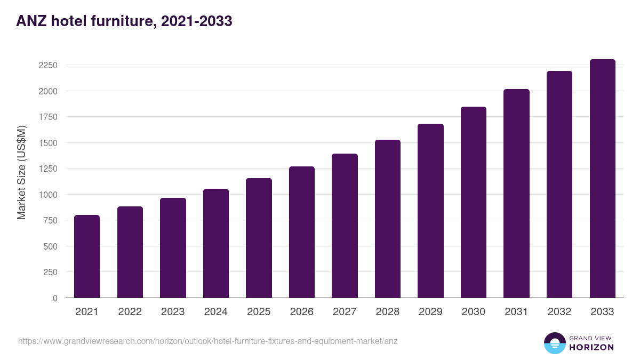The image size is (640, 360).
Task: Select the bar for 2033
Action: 602,179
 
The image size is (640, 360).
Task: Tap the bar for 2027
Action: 345,226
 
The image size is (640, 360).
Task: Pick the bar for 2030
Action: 474,202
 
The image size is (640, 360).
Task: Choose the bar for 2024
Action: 216,243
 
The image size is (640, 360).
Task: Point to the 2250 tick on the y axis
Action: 48,66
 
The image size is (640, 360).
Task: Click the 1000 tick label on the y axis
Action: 48,195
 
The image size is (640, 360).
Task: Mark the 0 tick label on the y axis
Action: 55,298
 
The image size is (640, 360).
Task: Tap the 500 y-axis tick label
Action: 50,246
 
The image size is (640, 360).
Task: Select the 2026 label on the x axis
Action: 302,312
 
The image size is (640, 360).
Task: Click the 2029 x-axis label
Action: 430,312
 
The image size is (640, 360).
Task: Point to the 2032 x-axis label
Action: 559,312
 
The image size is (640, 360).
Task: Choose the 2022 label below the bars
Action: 130,312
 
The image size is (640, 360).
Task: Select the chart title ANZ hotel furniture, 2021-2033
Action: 124,21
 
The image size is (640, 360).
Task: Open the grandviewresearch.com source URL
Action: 208,341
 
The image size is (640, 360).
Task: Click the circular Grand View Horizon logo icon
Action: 554,343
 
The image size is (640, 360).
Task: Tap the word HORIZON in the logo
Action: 592,347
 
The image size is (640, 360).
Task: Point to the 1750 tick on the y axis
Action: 48,117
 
